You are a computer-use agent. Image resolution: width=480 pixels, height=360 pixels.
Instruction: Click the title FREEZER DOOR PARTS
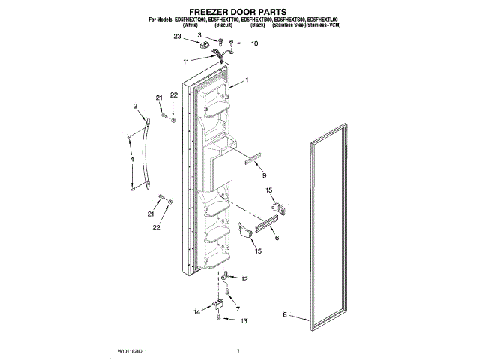click(x=239, y=12)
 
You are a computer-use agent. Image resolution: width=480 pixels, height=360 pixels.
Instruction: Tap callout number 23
click(x=178, y=36)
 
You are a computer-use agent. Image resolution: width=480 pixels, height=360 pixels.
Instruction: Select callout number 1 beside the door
click(x=246, y=80)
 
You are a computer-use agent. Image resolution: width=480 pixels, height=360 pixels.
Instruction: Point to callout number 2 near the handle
click(x=136, y=106)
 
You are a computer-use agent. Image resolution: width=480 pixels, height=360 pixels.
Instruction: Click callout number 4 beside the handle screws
click(x=131, y=160)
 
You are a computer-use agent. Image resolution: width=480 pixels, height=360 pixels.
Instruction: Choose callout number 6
click(x=277, y=237)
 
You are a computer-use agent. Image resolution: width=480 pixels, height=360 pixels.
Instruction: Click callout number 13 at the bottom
click(x=243, y=321)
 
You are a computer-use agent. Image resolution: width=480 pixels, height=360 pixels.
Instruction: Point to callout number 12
click(x=243, y=279)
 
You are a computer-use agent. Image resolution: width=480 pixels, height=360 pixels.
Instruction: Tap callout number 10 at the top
click(x=254, y=43)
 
